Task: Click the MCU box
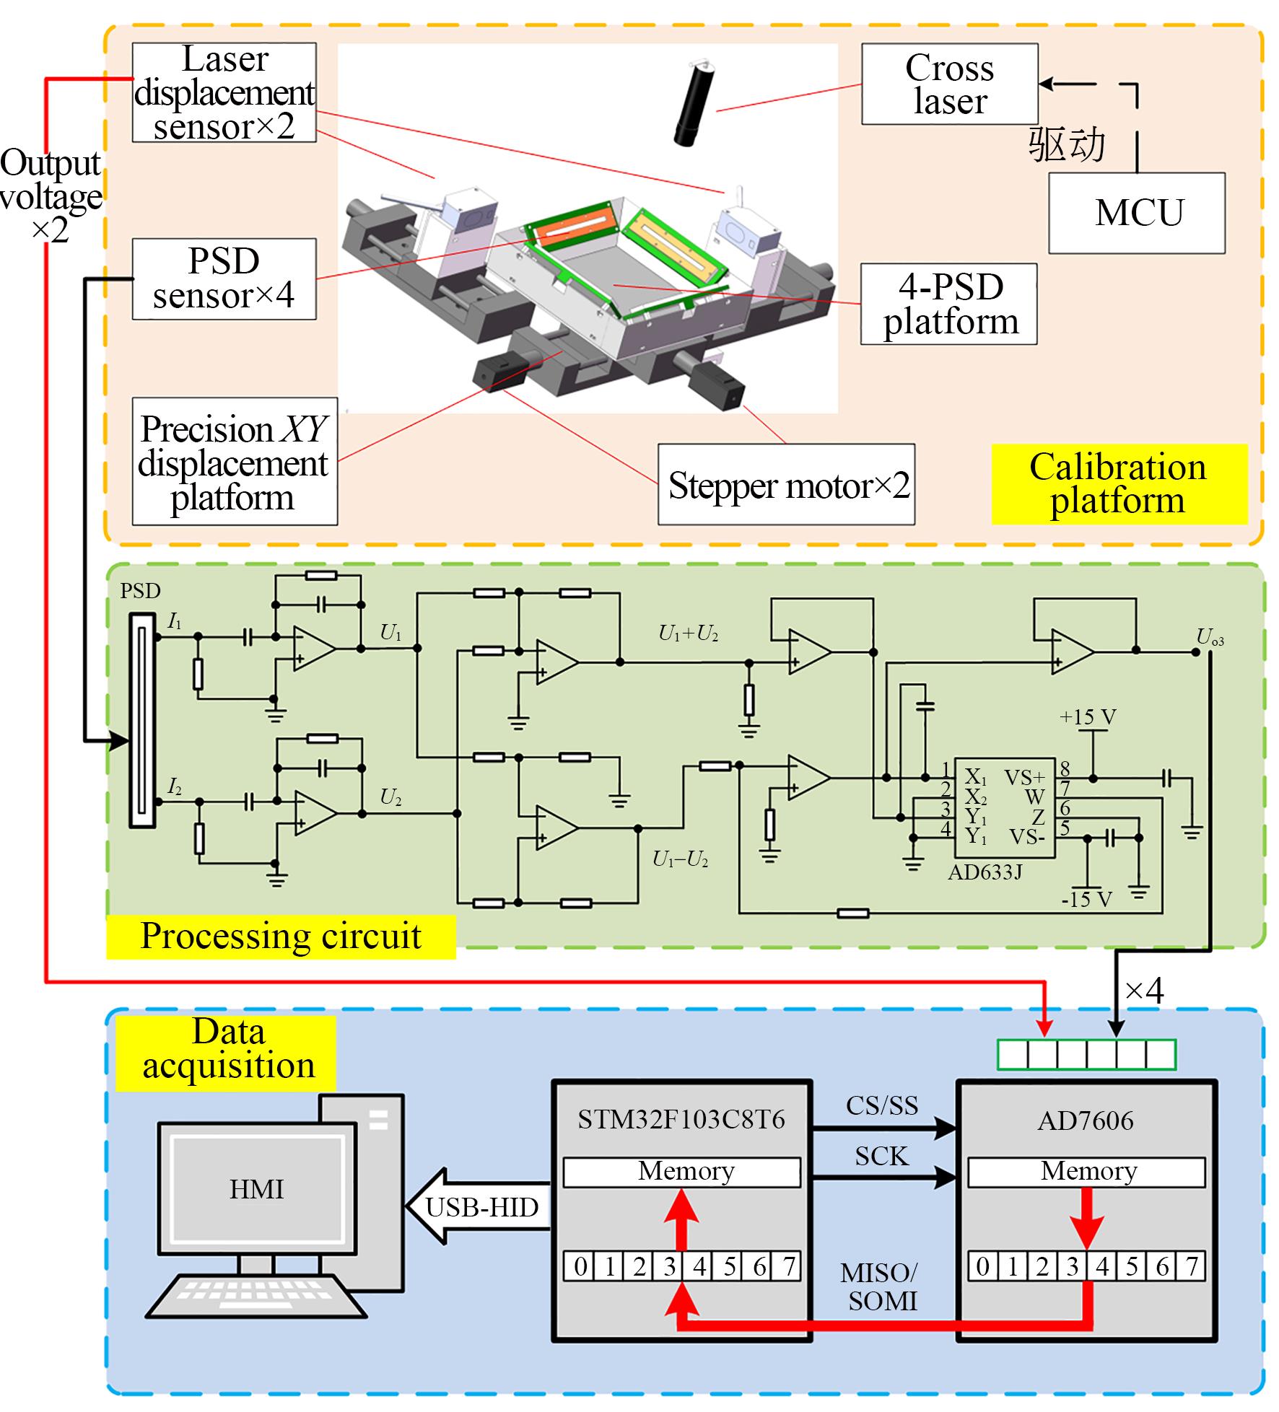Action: point(1136,213)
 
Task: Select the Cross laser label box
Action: point(949,84)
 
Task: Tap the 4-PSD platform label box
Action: point(948,304)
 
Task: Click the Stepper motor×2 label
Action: point(786,485)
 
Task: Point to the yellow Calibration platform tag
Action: point(1118,484)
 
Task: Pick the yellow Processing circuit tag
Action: point(281,937)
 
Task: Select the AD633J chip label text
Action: point(985,872)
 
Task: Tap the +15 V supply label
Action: point(1088,717)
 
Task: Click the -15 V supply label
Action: point(1086,900)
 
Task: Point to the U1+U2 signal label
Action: point(688,633)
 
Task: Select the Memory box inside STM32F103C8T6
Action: point(682,1171)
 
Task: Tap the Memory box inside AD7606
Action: point(1086,1171)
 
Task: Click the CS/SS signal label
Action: point(881,1106)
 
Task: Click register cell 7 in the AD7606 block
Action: point(1191,1266)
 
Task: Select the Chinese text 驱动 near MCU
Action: point(1067,144)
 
